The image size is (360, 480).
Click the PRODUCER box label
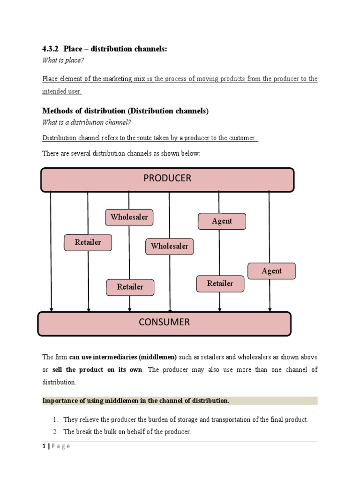coord(167,178)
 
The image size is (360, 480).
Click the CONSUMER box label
coord(164,322)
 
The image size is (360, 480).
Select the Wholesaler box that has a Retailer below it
coord(129,217)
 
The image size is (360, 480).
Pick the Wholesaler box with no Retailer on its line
coord(170,246)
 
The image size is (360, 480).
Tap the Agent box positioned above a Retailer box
coord(222,221)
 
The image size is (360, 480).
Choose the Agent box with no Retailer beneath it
coord(271,271)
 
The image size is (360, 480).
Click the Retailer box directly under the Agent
coord(220,284)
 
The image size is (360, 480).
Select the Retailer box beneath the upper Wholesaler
coord(130,287)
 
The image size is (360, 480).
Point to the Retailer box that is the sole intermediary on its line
coord(88,242)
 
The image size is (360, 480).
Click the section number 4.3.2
coord(51,49)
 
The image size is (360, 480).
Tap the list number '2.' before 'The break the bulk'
coord(55,432)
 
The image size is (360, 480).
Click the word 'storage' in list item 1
coord(165,420)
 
